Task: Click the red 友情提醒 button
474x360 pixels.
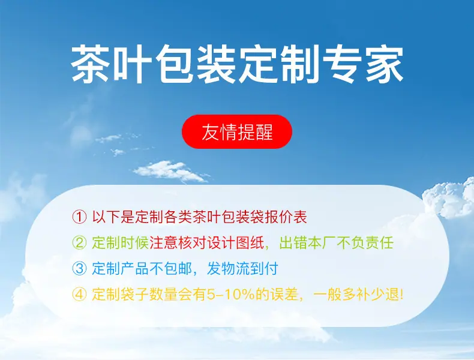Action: tap(236, 132)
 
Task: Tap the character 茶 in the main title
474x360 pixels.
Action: tap(91, 64)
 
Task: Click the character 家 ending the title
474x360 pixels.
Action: tap(385, 64)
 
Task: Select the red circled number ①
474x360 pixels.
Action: tap(80, 217)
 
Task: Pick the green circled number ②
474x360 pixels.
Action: tap(80, 243)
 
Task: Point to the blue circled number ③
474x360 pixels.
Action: tap(80, 268)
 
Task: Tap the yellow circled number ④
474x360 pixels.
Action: tap(80, 294)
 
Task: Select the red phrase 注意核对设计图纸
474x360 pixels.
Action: tap(207, 243)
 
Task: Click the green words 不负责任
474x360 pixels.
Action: tap(365, 243)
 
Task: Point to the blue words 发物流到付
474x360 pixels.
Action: tap(242, 268)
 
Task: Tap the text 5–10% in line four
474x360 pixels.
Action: tap(230, 295)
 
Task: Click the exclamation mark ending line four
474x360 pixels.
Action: tap(401, 295)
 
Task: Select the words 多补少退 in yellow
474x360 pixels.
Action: tap(371, 294)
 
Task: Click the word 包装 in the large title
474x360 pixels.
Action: tap(196, 64)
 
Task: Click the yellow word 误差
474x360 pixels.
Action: tap(284, 294)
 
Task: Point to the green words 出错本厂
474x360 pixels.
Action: tap(307, 243)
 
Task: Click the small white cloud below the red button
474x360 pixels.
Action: tap(171, 171)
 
